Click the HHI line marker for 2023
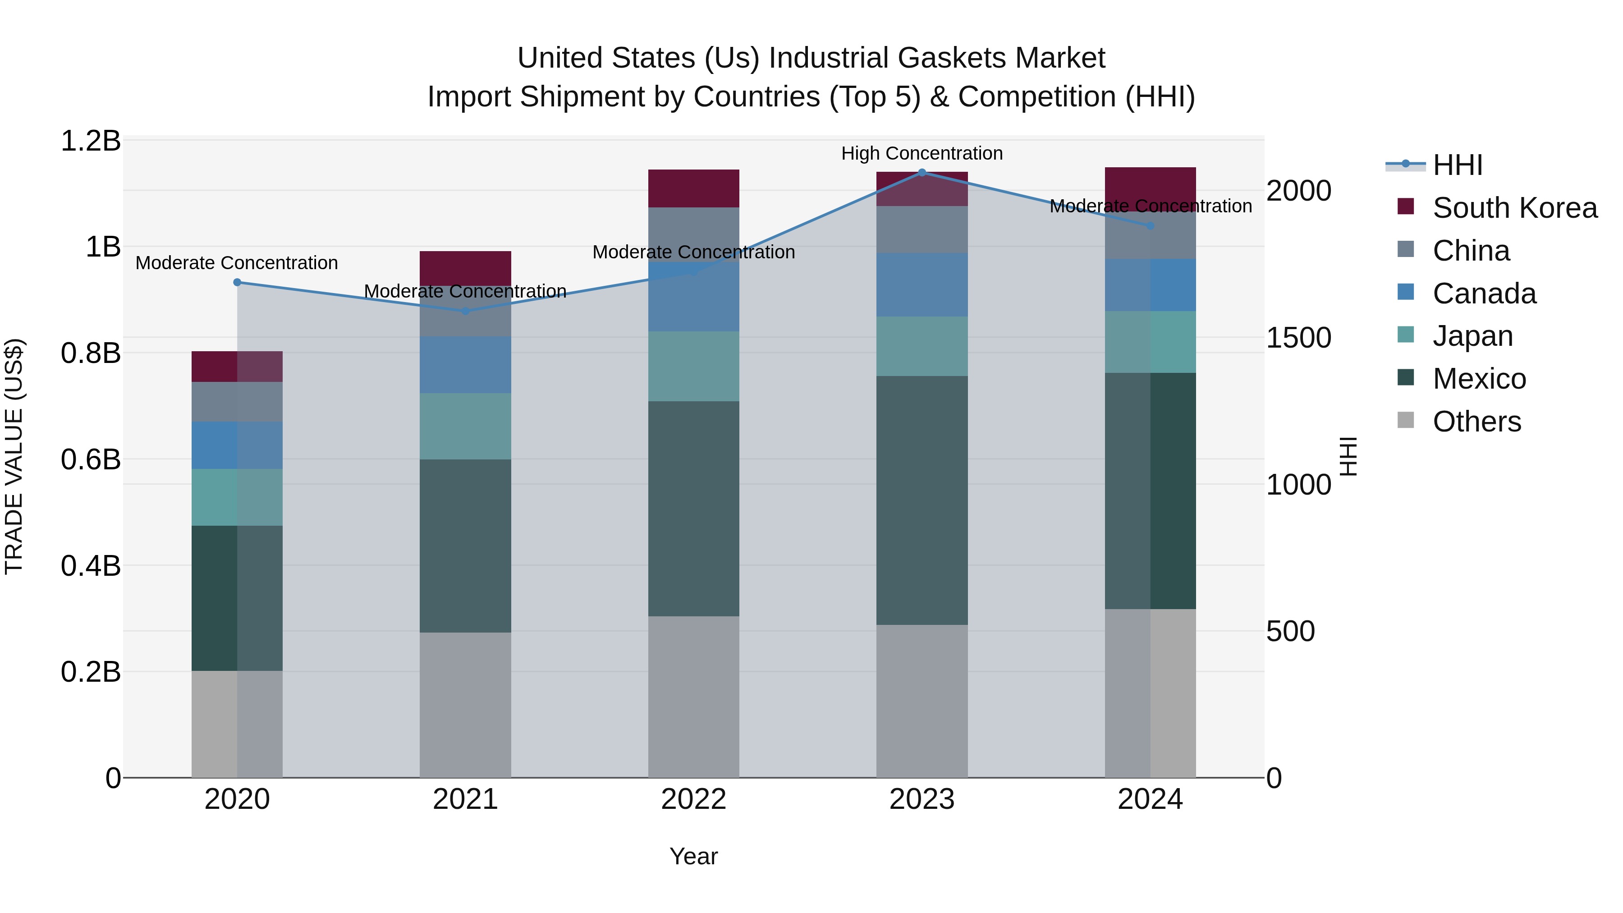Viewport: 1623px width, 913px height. click(x=922, y=172)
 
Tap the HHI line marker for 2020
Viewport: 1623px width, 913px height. click(x=237, y=282)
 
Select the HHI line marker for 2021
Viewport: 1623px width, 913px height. click(x=465, y=311)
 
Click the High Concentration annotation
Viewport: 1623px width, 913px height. click(x=922, y=153)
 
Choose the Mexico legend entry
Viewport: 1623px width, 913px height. click(x=1479, y=379)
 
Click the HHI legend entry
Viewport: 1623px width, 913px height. click(x=1457, y=165)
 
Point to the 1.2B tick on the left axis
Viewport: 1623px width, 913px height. click(x=90, y=141)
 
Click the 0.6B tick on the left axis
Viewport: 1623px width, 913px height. click(x=90, y=459)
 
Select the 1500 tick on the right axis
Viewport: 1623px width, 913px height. click(x=1298, y=338)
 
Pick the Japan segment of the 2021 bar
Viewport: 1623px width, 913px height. click(x=465, y=426)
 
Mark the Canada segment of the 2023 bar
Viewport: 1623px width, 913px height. click(x=922, y=285)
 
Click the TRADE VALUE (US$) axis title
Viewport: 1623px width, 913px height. click(x=14, y=456)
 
